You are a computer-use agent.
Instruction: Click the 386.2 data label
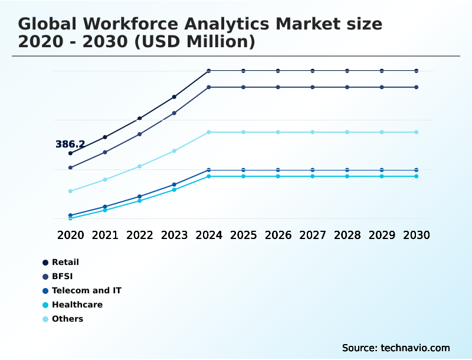click(x=70, y=144)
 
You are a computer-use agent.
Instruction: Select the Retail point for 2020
click(x=70, y=153)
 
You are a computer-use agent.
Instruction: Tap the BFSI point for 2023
click(x=174, y=113)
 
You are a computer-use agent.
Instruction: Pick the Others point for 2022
click(x=140, y=166)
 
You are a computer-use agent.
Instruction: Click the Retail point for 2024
click(x=209, y=71)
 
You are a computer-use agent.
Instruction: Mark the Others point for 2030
click(x=416, y=132)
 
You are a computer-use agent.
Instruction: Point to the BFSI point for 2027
click(x=313, y=87)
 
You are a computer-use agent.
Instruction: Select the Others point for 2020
click(x=70, y=191)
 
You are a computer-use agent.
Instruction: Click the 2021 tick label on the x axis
click(x=105, y=235)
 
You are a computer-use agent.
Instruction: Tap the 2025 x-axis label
click(x=243, y=235)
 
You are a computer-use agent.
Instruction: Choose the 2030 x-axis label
click(x=416, y=235)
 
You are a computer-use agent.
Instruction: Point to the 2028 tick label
click(x=347, y=235)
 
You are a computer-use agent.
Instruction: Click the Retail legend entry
click(x=65, y=262)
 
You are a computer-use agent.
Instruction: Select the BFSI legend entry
click(x=62, y=276)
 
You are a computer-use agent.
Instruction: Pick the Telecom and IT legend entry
click(x=86, y=290)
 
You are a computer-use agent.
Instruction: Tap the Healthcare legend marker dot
click(x=45, y=305)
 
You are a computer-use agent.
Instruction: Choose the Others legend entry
click(x=67, y=319)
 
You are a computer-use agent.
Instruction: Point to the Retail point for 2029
click(x=382, y=71)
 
